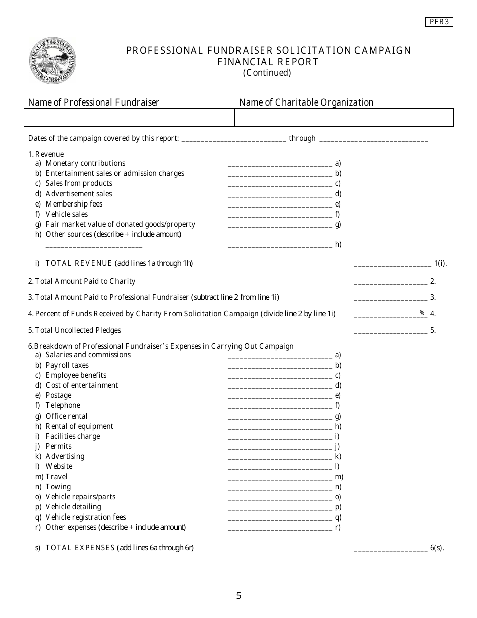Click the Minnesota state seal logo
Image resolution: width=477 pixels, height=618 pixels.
pos(53,61)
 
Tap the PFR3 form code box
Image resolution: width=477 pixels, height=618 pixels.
pos(439,22)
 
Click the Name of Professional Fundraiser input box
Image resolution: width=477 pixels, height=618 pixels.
pos(129,117)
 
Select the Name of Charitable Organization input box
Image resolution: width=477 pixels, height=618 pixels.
pos(344,117)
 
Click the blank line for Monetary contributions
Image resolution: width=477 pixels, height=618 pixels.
pos(280,164)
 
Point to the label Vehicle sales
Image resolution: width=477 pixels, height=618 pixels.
pos(67,214)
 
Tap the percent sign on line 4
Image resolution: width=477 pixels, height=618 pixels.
pos(422,313)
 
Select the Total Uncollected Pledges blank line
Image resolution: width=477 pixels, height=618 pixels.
pos(391,331)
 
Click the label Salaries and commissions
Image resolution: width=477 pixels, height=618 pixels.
pos(88,355)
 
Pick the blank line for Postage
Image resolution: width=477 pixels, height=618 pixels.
pos(280,396)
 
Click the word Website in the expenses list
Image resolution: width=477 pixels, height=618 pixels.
pos(59,466)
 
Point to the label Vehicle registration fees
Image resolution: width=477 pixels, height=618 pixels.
pos(85,517)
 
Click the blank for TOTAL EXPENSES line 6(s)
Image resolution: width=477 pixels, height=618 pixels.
pos(391,549)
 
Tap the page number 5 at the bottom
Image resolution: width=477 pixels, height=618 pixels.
pos(238,596)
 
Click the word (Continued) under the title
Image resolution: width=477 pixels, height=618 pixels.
pos(267,73)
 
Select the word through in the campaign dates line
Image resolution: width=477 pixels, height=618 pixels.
pos(302,138)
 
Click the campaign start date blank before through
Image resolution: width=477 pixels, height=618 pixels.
pos(233,139)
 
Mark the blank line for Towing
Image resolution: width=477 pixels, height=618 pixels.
pos(280,488)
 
